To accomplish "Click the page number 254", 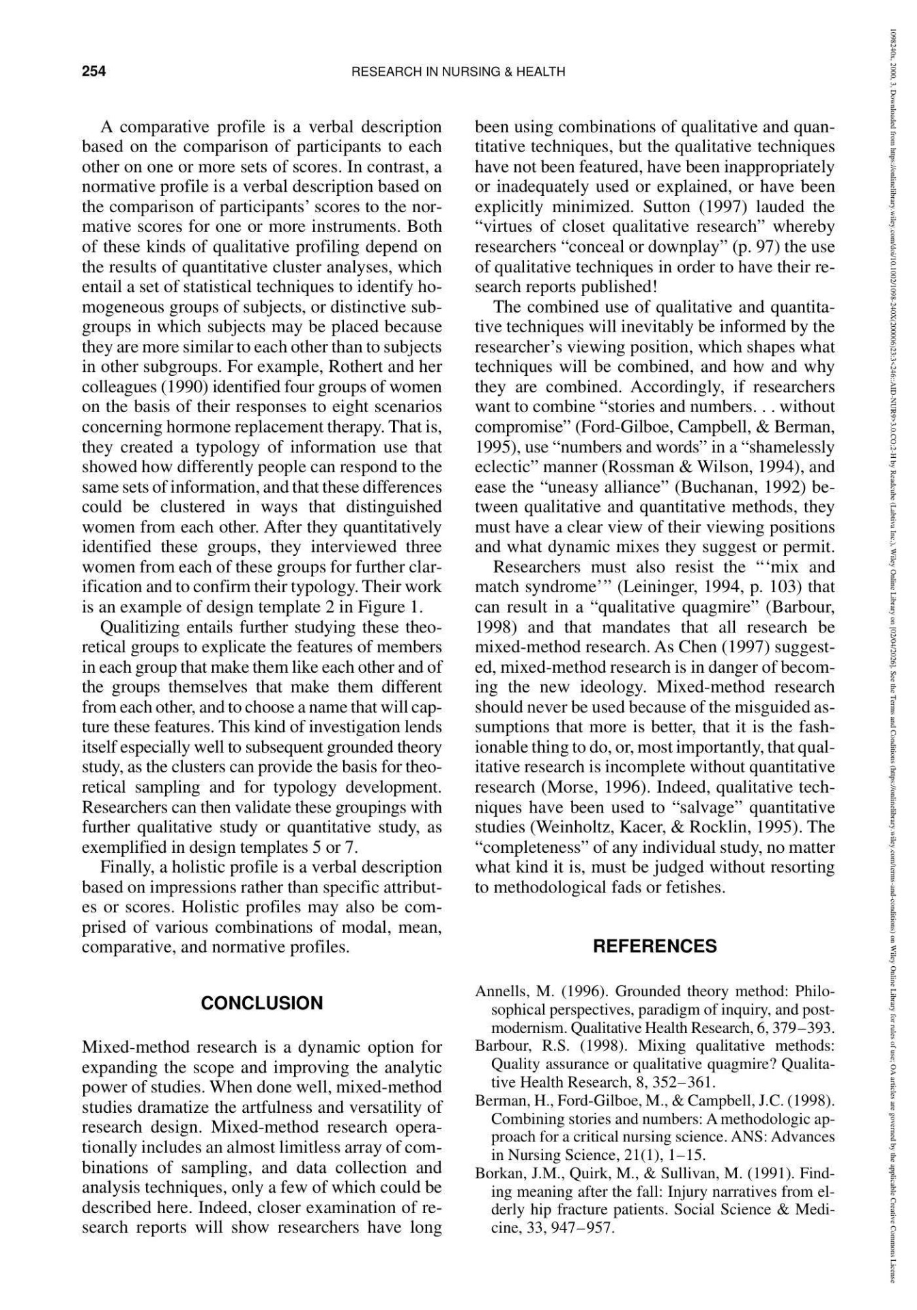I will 93,71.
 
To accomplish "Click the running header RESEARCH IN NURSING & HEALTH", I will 458,72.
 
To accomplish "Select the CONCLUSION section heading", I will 262,1003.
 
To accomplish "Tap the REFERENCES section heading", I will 655,946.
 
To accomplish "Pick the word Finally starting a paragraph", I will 128,867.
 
